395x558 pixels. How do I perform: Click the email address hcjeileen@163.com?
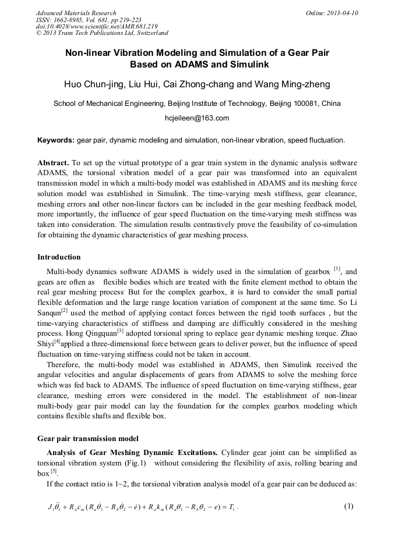[197, 118]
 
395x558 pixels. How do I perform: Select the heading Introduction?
[59, 257]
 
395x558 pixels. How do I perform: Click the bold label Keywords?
[56, 140]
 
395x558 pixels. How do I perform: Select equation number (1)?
[348, 506]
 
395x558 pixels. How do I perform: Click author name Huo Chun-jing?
[94, 84]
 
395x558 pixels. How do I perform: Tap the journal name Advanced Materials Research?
[76, 13]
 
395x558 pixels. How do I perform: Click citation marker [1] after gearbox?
[337, 269]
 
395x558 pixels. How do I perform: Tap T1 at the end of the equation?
[232, 507]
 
